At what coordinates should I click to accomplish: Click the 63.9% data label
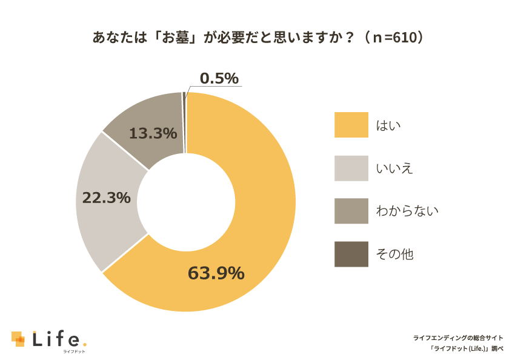[x=216, y=273]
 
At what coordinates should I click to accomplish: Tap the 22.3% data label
[x=107, y=198]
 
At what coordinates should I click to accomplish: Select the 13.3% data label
[x=153, y=133]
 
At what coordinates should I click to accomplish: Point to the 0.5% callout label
[x=219, y=78]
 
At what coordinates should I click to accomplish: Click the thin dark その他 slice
[x=184, y=121]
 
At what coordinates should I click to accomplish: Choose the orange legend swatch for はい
[x=351, y=125]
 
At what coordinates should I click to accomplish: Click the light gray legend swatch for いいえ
[x=351, y=168]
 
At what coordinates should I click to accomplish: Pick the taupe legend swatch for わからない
[x=351, y=211]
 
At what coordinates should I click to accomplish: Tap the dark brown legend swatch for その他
[x=351, y=254]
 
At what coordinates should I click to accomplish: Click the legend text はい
[x=389, y=125]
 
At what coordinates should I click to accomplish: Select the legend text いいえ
[x=394, y=168]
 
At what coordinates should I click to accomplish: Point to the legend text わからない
[x=407, y=212]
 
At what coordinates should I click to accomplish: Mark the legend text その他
[x=394, y=255]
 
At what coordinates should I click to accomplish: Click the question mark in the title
[x=350, y=38]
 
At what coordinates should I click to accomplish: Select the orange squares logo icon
[x=18, y=339]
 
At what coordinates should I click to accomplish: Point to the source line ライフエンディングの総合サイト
[x=458, y=338]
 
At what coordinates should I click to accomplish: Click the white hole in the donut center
[x=186, y=202]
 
